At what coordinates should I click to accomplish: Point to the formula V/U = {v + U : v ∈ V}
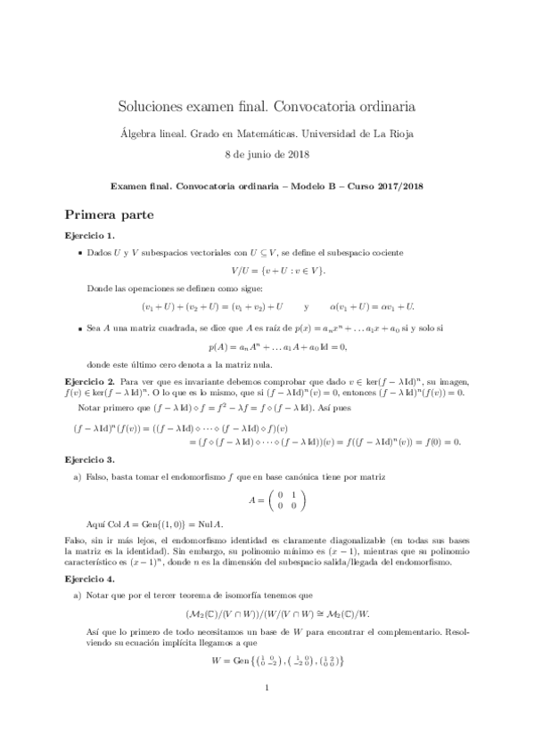(x=267, y=270)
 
